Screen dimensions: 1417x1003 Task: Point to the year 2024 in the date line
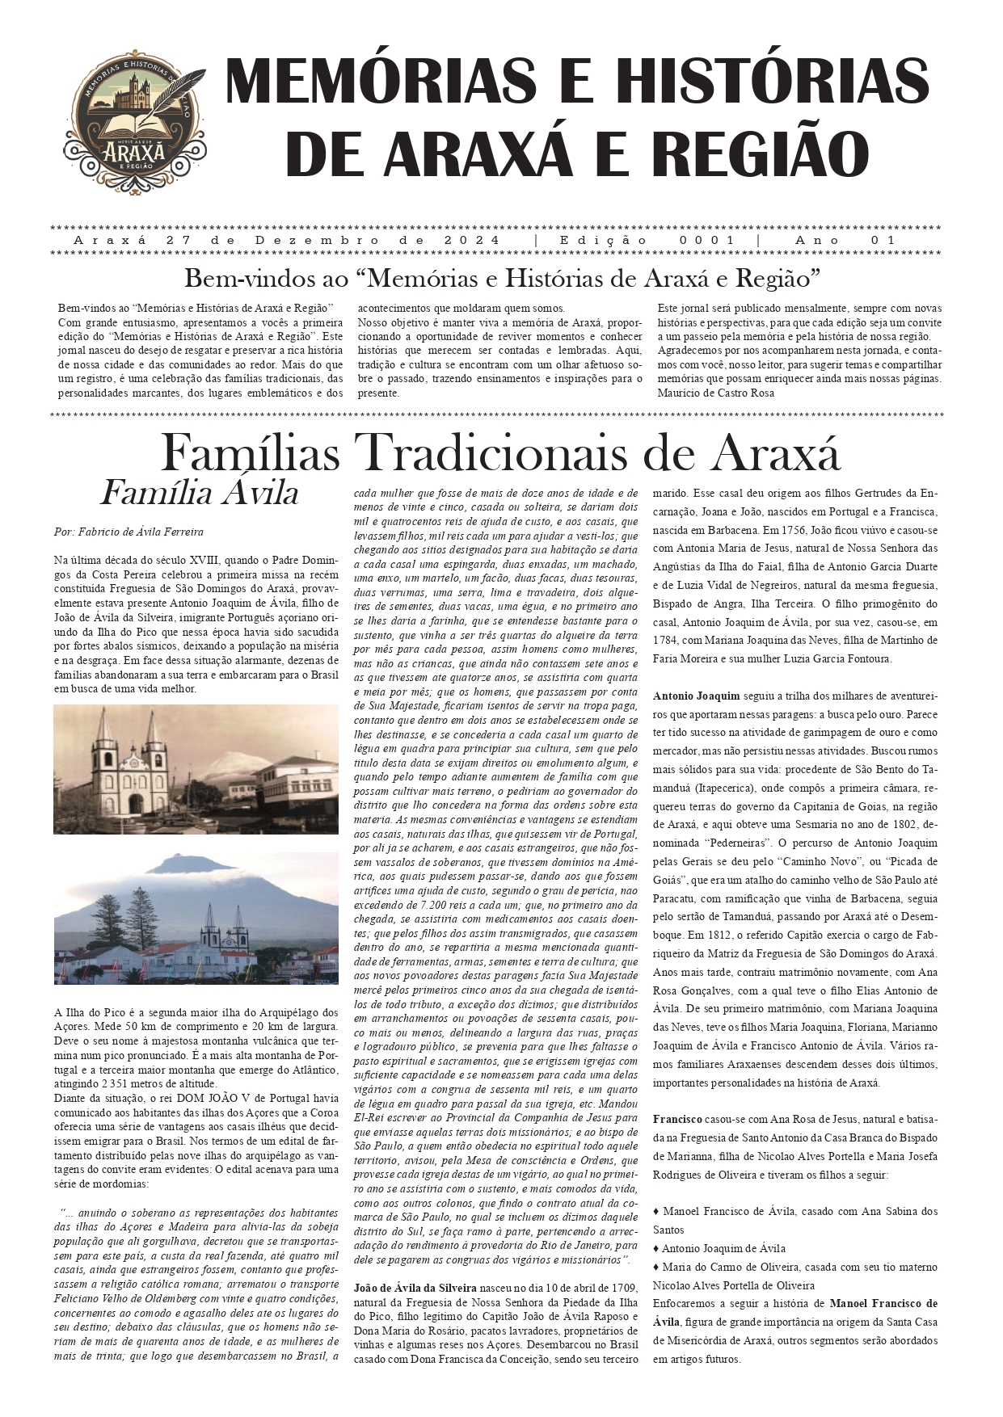coord(471,241)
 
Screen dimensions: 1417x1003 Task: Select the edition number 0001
coord(707,241)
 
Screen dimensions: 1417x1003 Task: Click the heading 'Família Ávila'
coord(199,493)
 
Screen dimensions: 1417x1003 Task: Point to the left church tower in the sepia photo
coord(105,751)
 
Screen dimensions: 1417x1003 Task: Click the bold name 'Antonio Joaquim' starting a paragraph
coord(696,696)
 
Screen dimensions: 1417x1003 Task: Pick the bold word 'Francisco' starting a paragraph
coord(677,1120)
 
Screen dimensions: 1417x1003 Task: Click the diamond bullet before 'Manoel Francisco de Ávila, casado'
coord(656,1212)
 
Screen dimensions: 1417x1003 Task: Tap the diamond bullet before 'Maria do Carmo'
coord(656,1267)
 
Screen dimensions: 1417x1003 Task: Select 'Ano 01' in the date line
coord(845,241)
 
